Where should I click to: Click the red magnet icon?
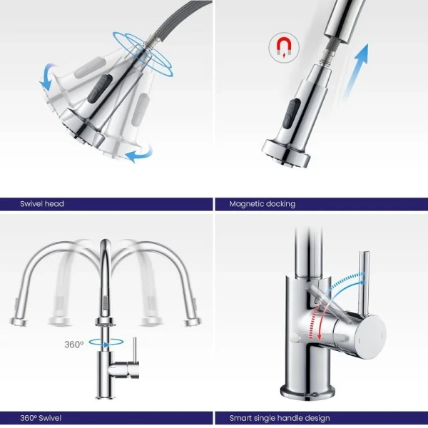[x=284, y=47]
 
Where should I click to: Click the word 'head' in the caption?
[x=54, y=203]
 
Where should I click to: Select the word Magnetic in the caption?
[x=246, y=204]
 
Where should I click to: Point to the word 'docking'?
[x=280, y=204]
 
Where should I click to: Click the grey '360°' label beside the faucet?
[x=74, y=345]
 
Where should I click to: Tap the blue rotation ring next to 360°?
[x=106, y=342]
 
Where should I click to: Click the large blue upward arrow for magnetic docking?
[x=356, y=71]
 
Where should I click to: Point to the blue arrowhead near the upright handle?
[x=363, y=282]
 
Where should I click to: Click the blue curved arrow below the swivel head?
[x=139, y=154]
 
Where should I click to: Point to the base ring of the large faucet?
[x=307, y=393]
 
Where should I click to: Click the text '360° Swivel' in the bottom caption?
[x=41, y=418]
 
